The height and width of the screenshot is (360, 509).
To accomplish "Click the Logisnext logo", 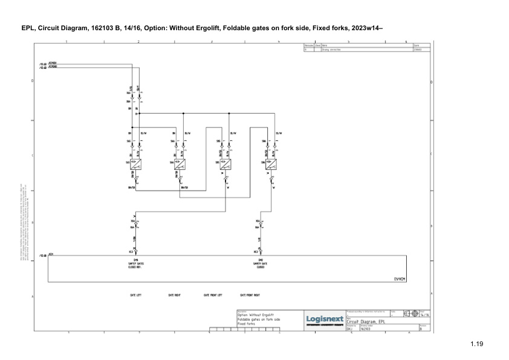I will click(x=325, y=318).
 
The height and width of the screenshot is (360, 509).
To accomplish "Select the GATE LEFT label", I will click(x=135, y=295).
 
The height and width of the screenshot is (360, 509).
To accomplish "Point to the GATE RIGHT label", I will click(x=175, y=295).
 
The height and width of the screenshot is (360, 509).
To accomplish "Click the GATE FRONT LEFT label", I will click(x=213, y=295).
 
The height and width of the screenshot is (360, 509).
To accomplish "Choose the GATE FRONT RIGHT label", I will click(x=250, y=295).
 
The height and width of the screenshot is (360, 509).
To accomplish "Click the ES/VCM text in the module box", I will click(x=400, y=278).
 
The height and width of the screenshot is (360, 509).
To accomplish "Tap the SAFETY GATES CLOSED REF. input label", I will click(x=135, y=264).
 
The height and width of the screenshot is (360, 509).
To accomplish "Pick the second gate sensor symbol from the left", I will click(x=180, y=162).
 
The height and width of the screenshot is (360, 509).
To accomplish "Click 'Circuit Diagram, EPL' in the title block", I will click(x=369, y=322).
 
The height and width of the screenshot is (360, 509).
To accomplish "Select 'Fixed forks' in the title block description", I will click(x=247, y=324).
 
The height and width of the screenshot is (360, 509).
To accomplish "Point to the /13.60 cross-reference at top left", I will click(x=42, y=63).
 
